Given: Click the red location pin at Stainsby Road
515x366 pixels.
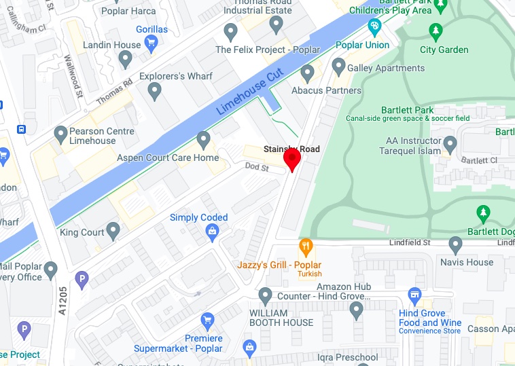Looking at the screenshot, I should tap(292, 159).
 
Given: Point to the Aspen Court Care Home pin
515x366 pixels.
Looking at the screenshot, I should tap(203, 140).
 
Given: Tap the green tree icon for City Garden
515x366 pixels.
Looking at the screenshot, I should tap(436, 31).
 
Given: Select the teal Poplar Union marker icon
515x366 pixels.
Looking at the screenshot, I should tap(374, 27).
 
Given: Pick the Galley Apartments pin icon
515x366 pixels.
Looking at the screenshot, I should tap(338, 67).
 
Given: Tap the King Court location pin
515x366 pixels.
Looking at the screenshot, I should tap(113, 231).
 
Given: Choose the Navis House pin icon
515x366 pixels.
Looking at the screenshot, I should tap(456, 244).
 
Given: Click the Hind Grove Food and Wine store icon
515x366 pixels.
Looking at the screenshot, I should tap(414, 295).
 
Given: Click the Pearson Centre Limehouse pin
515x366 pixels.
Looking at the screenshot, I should tap(61, 133).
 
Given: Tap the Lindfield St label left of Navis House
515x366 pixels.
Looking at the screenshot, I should tap(410, 242).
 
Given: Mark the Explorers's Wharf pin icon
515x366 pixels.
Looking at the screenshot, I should tap(155, 90).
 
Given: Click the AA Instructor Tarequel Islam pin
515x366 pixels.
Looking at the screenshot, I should tap(450, 144).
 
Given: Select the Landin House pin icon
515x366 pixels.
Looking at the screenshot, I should tap(124, 60).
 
